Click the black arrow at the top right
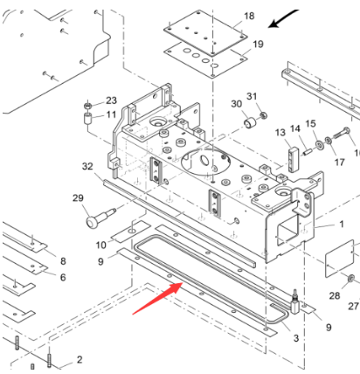click(x=287, y=18)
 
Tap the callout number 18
click(x=249, y=17)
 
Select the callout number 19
click(x=258, y=44)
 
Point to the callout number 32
click(x=87, y=166)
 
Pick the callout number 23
click(x=111, y=100)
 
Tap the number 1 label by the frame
click(x=342, y=225)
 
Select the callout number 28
click(x=335, y=296)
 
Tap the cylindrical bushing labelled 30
click(x=248, y=121)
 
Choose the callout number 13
click(x=280, y=132)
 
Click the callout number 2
click(x=79, y=359)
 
